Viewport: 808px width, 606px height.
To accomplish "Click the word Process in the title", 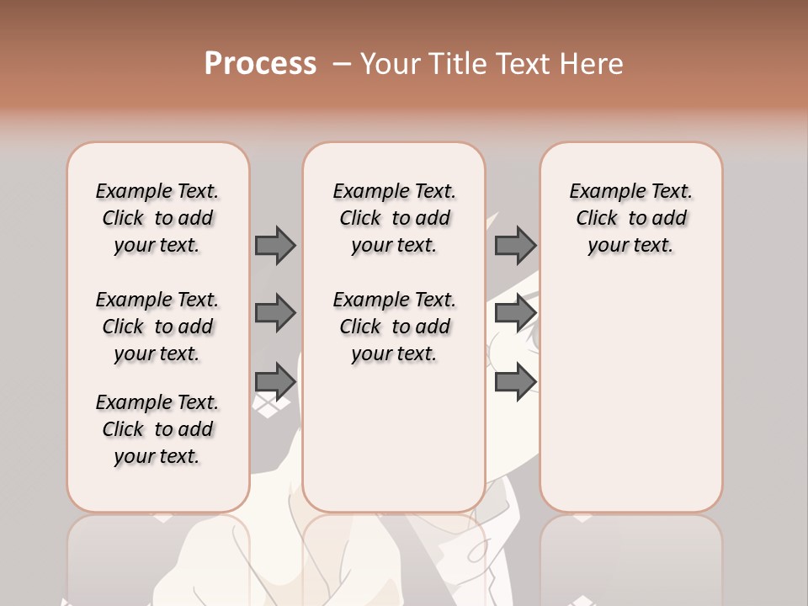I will (260, 63).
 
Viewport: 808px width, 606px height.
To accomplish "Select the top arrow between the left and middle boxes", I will (275, 245).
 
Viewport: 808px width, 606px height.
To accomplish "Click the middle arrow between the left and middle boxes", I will (275, 313).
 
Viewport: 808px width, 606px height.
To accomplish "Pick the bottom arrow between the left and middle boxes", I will (275, 381).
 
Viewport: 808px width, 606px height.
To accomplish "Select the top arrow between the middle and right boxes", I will (515, 245).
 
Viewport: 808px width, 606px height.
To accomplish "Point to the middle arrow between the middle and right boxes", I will (515, 313).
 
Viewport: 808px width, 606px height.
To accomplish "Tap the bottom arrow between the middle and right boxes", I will (515, 381).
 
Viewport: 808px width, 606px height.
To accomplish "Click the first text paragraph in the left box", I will (157, 218).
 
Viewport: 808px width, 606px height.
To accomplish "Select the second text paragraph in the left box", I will (157, 327).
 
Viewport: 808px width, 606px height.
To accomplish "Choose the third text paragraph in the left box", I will (157, 429).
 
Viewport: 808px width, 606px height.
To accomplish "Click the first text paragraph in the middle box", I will (394, 218).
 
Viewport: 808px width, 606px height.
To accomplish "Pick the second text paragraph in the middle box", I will (394, 327).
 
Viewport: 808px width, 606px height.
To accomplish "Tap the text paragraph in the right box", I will (630, 218).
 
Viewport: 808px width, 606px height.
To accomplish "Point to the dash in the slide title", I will (341, 64).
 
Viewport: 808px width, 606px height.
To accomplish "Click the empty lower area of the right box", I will (630, 387).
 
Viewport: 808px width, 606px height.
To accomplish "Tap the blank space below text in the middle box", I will (394, 438).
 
